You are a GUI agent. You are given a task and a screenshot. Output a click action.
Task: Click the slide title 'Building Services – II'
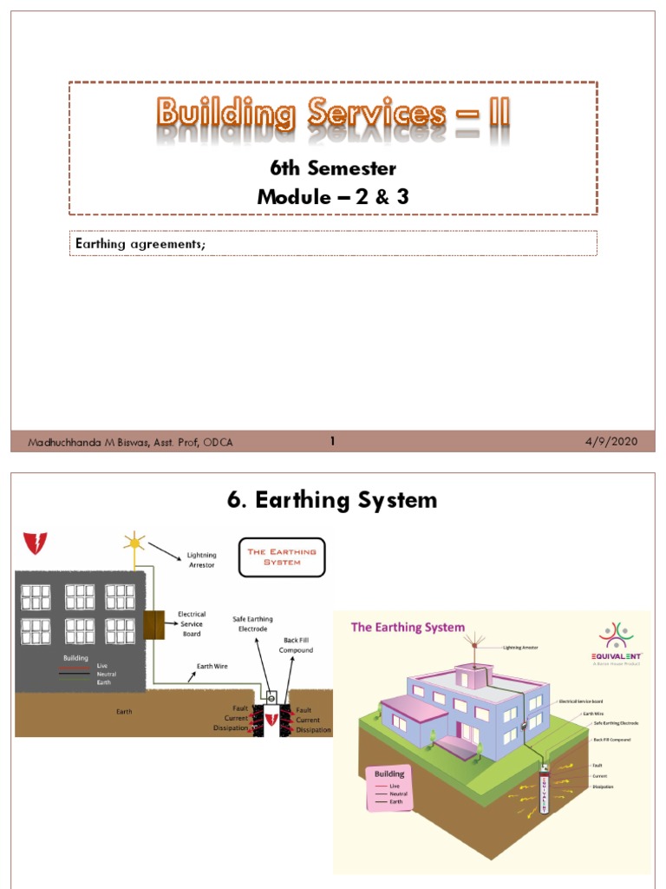[x=333, y=113]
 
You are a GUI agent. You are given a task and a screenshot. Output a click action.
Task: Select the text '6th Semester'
[x=333, y=167]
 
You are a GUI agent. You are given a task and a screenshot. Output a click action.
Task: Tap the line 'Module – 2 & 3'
[x=333, y=197]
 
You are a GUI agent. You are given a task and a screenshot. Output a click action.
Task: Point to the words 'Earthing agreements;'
[x=140, y=244]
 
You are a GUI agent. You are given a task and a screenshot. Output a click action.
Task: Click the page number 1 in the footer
[x=332, y=442]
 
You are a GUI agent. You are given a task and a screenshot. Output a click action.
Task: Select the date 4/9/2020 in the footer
[x=611, y=442]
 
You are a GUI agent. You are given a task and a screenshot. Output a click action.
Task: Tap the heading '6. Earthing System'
[x=333, y=500]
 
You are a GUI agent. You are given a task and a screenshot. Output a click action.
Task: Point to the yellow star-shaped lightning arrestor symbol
[x=134, y=542]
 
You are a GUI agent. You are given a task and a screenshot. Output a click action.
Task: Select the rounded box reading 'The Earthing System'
[x=283, y=556]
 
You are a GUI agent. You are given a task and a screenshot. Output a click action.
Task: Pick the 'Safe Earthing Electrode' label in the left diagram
[x=252, y=624]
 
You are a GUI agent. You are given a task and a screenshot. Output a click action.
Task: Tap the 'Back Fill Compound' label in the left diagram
[x=296, y=645]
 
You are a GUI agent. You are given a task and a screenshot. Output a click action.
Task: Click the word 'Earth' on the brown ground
[x=124, y=712]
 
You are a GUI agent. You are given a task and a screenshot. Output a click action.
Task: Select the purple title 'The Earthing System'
[x=408, y=627]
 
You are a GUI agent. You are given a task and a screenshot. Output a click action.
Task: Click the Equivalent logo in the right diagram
[x=617, y=642]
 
